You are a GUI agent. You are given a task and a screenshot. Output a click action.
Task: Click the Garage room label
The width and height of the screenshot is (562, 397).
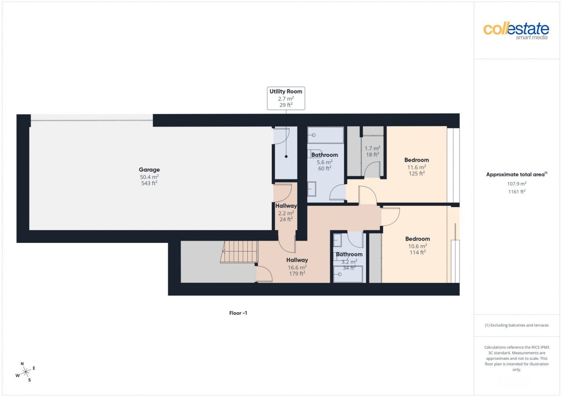149,170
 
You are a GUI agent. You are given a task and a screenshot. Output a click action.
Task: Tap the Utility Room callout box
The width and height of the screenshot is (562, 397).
286,98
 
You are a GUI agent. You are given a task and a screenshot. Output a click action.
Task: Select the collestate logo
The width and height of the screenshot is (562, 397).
516,31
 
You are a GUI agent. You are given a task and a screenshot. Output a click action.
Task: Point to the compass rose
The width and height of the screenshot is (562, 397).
26,372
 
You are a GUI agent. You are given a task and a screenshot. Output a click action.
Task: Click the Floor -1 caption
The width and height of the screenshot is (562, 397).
238,313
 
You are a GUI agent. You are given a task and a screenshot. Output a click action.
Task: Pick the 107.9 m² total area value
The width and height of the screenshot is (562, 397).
517,184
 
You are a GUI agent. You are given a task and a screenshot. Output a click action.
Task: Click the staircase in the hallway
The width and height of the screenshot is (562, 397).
239,252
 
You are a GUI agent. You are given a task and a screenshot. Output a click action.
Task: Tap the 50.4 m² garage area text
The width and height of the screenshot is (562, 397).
149,177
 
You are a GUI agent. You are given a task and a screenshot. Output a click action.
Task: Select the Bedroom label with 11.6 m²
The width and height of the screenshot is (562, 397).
417,160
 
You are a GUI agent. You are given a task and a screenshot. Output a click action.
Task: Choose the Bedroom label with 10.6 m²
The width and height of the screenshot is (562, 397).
417,239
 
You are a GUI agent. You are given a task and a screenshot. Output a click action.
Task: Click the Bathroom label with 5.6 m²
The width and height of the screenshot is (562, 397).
324,155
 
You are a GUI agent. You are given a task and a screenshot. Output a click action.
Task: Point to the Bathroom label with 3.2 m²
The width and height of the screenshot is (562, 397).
349,254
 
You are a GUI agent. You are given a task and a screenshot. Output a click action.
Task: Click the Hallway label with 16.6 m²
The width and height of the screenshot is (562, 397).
297,260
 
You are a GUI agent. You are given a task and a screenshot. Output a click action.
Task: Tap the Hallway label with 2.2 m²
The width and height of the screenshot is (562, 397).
286,206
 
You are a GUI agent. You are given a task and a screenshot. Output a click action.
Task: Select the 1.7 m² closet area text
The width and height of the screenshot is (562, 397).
372,149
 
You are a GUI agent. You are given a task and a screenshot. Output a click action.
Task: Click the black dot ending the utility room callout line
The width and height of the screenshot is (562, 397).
286,156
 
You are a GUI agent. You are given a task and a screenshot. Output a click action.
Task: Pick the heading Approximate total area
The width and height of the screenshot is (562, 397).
517,175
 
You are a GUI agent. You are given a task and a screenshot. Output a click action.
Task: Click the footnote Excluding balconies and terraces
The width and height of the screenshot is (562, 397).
517,325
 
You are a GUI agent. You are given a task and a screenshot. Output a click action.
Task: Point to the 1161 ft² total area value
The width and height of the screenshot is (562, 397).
517,192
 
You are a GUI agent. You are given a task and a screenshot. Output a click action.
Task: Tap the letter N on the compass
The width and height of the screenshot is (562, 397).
22,364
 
